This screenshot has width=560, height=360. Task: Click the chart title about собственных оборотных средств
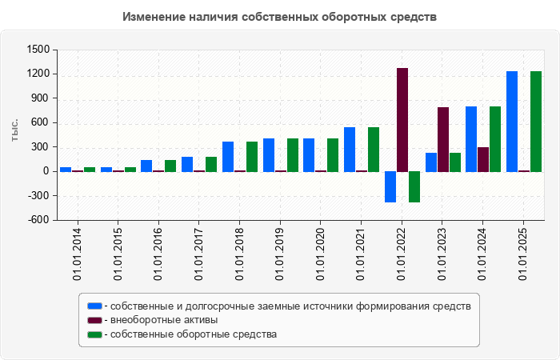click(x=280, y=17)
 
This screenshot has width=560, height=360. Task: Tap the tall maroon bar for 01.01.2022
click(x=402, y=120)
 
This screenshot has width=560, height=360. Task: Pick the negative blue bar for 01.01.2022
click(x=390, y=186)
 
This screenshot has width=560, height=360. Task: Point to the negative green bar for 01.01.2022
click(x=414, y=186)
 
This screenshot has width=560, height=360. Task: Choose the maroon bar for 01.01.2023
click(x=443, y=139)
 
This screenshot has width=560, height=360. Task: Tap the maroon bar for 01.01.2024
click(x=483, y=159)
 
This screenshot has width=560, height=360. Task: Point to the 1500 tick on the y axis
click(x=38, y=50)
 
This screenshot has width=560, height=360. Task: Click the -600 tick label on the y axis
click(x=38, y=220)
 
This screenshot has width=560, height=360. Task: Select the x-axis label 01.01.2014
click(x=78, y=253)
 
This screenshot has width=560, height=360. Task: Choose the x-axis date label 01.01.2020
click(x=321, y=253)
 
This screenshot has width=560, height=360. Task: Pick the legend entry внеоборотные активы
click(x=163, y=320)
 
